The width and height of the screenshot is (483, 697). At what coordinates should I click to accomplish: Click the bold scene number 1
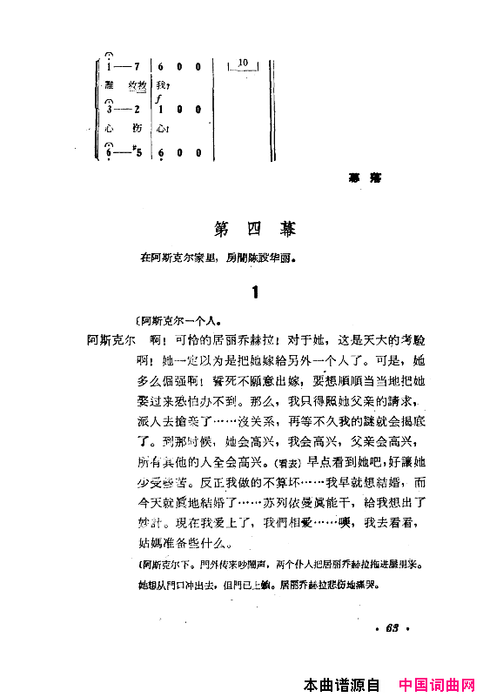coord(254,293)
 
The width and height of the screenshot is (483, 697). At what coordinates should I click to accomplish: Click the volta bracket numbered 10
coord(242,60)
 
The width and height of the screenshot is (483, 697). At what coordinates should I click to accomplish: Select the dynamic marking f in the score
coord(158,100)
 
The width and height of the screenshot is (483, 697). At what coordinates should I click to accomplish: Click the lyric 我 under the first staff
coord(160,85)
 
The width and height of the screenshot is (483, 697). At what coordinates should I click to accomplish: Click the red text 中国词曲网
coord(435,685)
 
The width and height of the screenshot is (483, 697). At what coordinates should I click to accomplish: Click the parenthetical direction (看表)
coord(291,464)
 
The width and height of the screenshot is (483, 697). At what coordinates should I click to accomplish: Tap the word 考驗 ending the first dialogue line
coord(407,340)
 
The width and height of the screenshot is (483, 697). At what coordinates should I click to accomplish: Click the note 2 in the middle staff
coord(138,110)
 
